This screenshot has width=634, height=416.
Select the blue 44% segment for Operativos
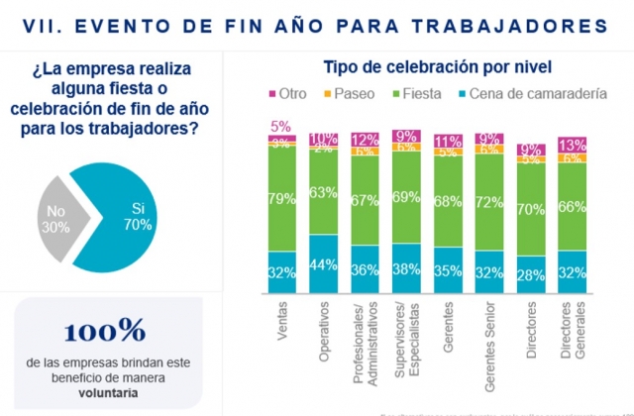[323, 265]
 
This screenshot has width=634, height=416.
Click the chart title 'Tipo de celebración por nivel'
[437, 67]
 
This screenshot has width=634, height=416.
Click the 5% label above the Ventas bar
[280, 126]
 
